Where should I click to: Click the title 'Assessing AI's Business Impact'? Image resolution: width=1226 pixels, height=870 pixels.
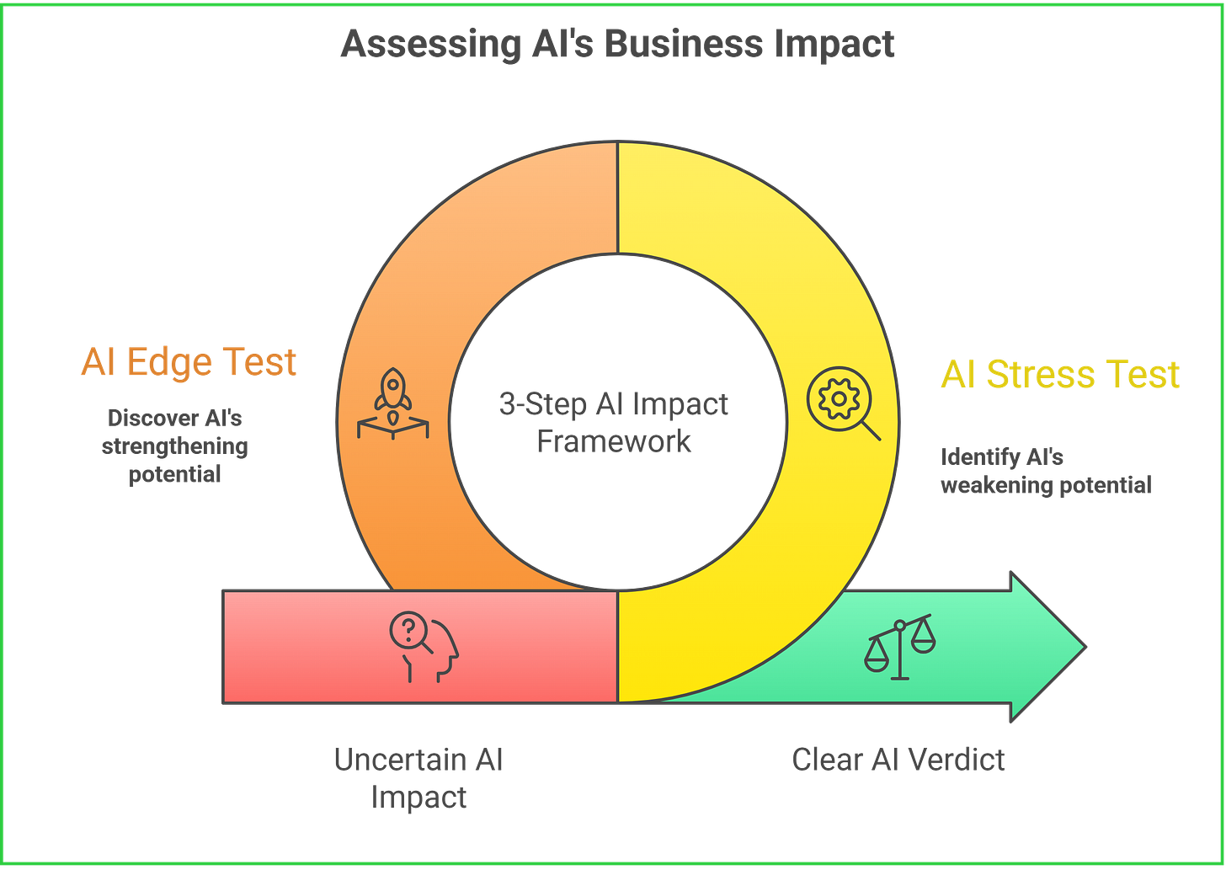click(x=616, y=44)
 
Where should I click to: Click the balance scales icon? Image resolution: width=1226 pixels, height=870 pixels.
click(x=899, y=647)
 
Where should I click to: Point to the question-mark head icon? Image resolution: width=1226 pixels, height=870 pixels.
click(x=424, y=647)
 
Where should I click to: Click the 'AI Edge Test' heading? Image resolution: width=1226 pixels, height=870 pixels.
click(x=189, y=362)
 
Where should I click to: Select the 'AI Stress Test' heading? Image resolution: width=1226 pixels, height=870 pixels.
click(x=1060, y=375)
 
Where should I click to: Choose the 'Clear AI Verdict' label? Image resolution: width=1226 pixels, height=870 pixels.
click(x=898, y=760)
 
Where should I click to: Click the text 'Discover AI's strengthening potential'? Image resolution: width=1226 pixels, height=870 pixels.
click(x=175, y=446)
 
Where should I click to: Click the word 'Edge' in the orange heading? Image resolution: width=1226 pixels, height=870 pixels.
click(x=169, y=362)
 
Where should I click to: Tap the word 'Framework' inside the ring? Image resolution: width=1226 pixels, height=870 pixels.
click(x=614, y=440)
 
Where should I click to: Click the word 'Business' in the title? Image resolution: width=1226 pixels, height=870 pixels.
click(x=683, y=44)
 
